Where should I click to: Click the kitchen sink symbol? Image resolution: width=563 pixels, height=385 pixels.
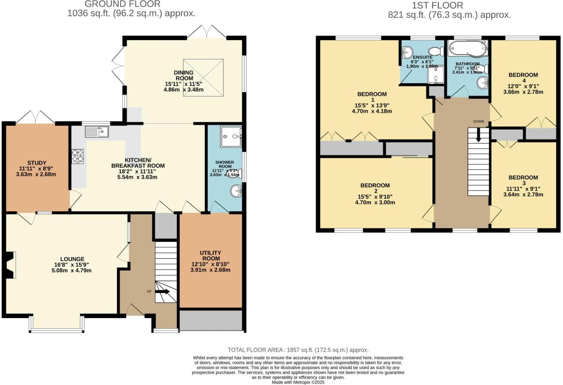tap(97, 132)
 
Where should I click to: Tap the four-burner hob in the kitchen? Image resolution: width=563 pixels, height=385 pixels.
tap(78, 156)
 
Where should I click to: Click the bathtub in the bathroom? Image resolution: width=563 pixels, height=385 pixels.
tap(467, 49)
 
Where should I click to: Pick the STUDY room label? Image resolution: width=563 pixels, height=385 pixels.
tap(37, 163)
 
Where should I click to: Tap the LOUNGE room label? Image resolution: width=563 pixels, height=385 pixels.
tap(72, 259)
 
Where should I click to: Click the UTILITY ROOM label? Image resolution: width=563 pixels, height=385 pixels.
tap(210, 256)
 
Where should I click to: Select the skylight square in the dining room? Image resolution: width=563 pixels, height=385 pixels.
tap(203, 77)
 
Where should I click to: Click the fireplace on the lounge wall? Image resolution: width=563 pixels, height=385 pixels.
tap(10, 265)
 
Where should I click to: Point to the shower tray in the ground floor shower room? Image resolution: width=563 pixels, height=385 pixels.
tap(231, 136)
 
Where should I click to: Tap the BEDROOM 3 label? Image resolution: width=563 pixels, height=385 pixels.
tap(523, 180)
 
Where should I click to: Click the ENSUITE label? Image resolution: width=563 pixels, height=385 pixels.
tap(423, 57)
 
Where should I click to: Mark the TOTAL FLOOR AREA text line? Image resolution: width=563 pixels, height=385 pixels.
tap(298, 350)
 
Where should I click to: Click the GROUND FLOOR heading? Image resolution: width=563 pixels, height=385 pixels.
tap(123, 4)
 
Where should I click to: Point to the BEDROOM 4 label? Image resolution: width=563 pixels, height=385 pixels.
tap(523, 77)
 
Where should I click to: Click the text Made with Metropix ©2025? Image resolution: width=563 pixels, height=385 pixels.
tap(298, 382)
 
